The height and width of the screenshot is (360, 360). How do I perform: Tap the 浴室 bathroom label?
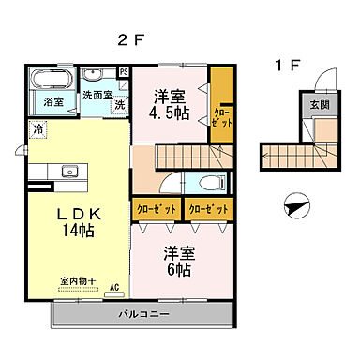tap(52, 102)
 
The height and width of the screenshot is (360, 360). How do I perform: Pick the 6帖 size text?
tap(178, 269)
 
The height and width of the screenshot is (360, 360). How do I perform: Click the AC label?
tap(114, 288)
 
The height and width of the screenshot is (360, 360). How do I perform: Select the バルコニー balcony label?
tap(141, 312)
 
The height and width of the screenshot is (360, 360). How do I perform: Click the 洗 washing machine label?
tap(119, 105)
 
